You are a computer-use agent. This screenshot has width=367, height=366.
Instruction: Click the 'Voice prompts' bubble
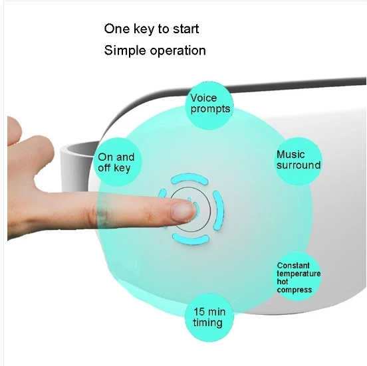click(x=210, y=103)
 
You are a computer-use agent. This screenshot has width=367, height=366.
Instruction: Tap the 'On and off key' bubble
click(x=116, y=162)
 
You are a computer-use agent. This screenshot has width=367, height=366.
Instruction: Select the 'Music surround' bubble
click(x=299, y=160)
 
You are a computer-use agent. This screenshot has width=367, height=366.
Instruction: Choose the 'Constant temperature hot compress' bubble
click(x=298, y=278)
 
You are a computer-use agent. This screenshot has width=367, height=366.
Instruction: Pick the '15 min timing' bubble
click(x=209, y=317)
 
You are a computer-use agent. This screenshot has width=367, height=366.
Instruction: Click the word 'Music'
click(x=291, y=155)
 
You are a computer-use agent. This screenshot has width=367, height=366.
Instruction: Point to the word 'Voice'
click(x=203, y=98)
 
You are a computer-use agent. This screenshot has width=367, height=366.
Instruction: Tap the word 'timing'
click(x=207, y=323)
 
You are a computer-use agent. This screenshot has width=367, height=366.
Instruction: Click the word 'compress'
click(x=295, y=290)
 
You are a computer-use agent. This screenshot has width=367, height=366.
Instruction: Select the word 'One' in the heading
click(x=116, y=29)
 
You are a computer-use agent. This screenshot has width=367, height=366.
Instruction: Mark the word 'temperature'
click(x=299, y=274)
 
